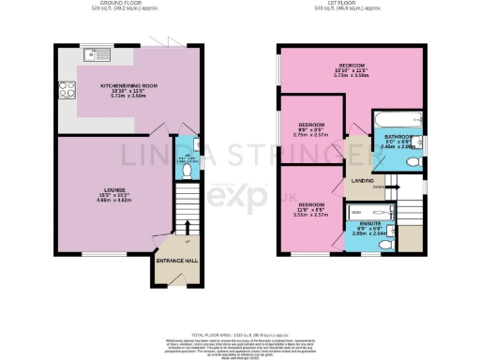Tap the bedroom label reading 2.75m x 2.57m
312,130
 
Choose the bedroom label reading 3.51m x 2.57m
312,209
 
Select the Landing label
363,180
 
